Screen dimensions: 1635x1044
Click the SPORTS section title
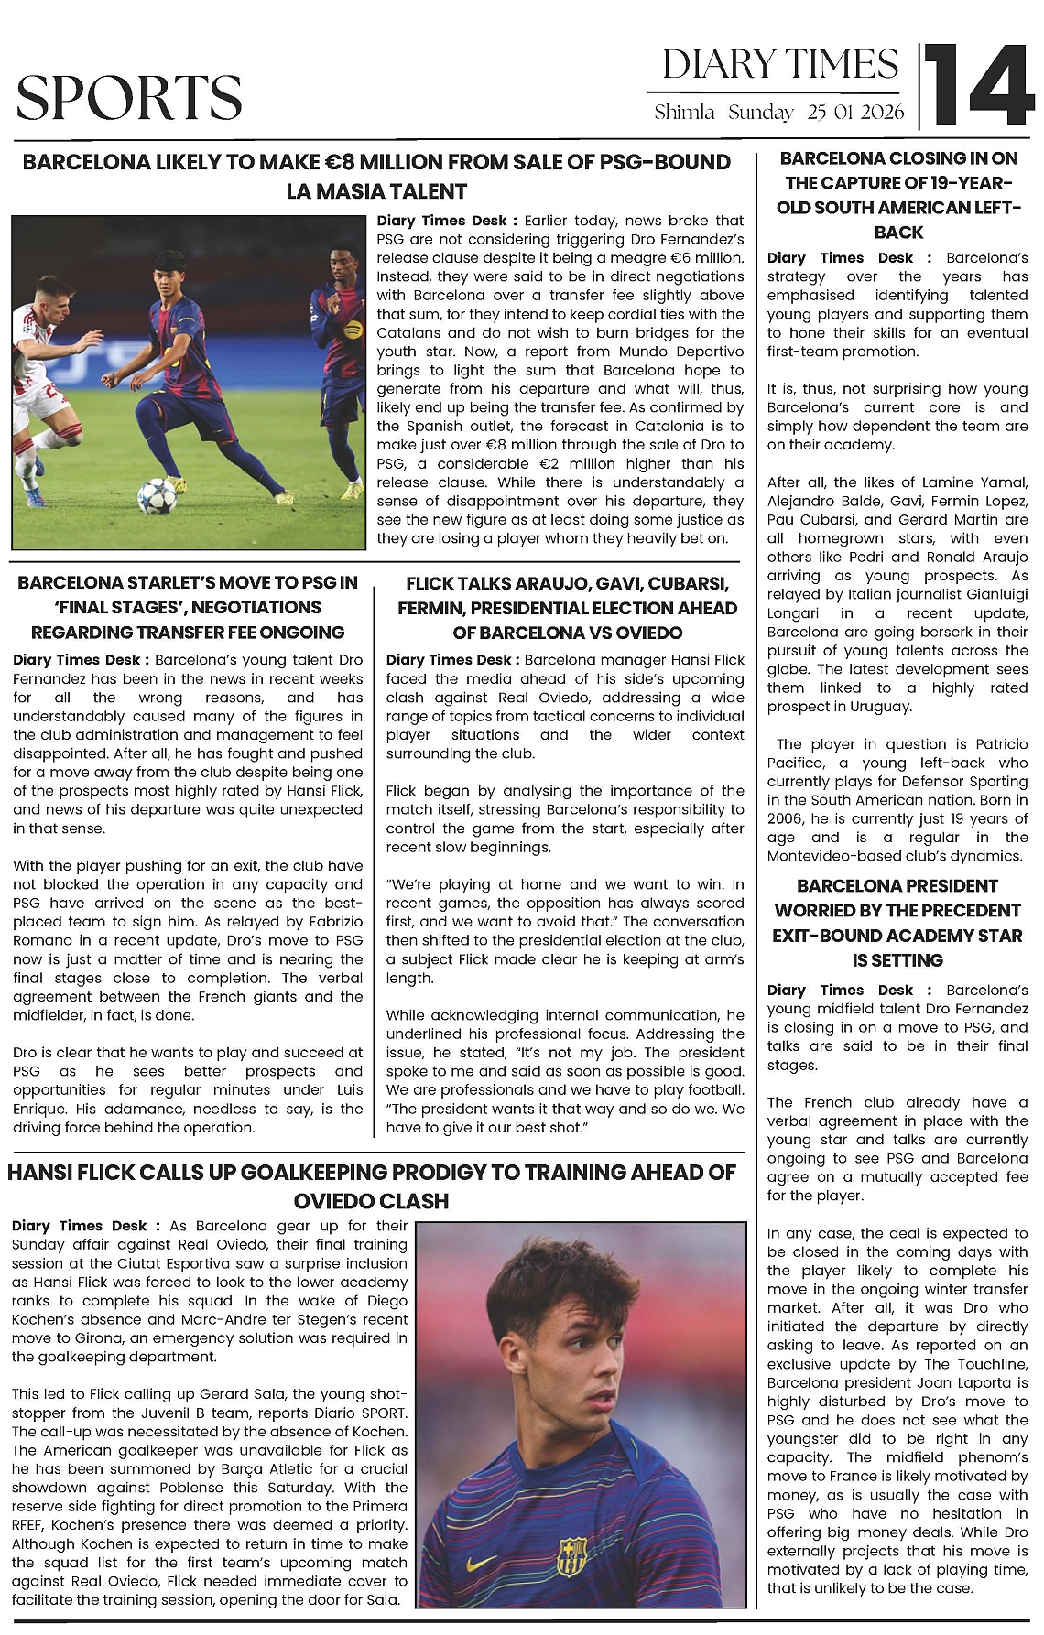pyautogui.click(x=129, y=98)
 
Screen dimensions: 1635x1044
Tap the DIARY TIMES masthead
pyautogui.click(x=780, y=64)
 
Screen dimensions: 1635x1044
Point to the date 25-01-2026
pyautogui.click(x=855, y=113)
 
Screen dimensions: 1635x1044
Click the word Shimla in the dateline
pyautogui.click(x=684, y=113)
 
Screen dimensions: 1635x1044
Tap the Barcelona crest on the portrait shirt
pyautogui.click(x=571, y=1556)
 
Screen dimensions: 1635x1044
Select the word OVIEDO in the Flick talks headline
pyautogui.click(x=693, y=633)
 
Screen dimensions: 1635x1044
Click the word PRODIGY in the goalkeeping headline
pyautogui.click(x=464, y=1172)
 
